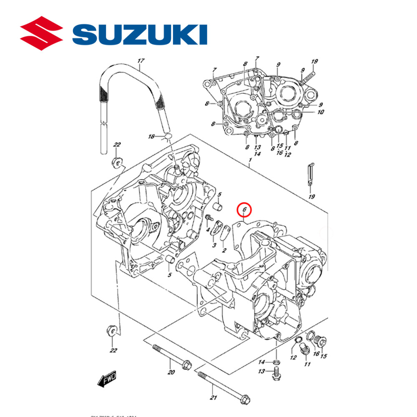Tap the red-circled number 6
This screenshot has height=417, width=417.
(245, 209)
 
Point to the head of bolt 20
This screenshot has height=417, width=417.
(186, 365)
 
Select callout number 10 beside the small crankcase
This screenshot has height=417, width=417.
(321, 112)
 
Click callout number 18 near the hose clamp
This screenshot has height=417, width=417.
(152, 137)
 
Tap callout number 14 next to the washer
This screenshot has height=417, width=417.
(261, 361)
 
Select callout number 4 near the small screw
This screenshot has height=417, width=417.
(207, 230)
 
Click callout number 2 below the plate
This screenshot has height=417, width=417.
(224, 250)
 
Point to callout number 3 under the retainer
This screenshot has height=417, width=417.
(214, 245)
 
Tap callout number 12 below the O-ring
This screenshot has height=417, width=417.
(293, 357)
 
